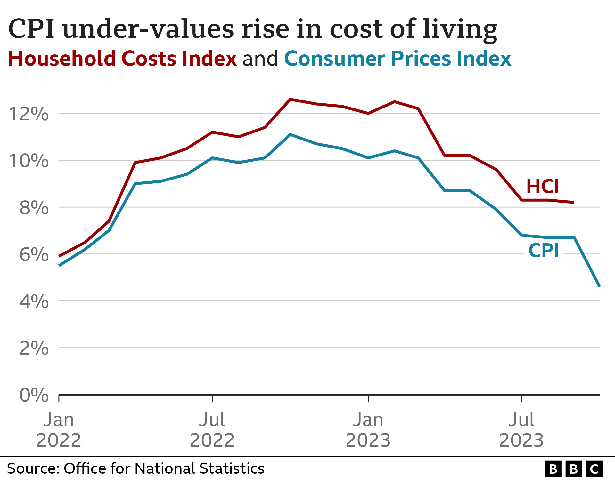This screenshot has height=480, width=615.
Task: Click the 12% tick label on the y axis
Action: point(29,114)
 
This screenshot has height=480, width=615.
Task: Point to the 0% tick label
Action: point(34,395)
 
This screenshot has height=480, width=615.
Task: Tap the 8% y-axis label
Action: point(34,208)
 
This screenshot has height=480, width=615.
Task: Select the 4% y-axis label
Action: point(34,301)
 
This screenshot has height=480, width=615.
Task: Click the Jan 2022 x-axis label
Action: point(59,430)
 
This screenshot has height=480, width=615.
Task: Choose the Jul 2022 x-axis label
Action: point(212,430)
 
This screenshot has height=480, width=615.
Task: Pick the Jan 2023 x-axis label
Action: point(368,430)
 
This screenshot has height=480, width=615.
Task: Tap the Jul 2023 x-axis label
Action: point(521,430)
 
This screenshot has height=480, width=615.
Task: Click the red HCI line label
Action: point(543,187)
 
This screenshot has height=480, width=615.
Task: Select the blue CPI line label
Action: point(544,251)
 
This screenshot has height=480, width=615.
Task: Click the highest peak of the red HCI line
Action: point(290,99)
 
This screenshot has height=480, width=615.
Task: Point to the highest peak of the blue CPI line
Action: point(290,134)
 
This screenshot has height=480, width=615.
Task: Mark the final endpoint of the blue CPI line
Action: point(599,286)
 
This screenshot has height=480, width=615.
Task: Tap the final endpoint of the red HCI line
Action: point(573,202)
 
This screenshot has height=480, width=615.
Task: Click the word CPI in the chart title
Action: point(31,29)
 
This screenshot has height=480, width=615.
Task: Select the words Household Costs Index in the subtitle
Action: point(122,59)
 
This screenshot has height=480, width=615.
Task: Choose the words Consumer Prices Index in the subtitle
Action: point(398,59)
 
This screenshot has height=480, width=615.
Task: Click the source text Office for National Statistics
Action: point(164,468)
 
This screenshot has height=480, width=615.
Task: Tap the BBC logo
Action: point(573,469)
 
